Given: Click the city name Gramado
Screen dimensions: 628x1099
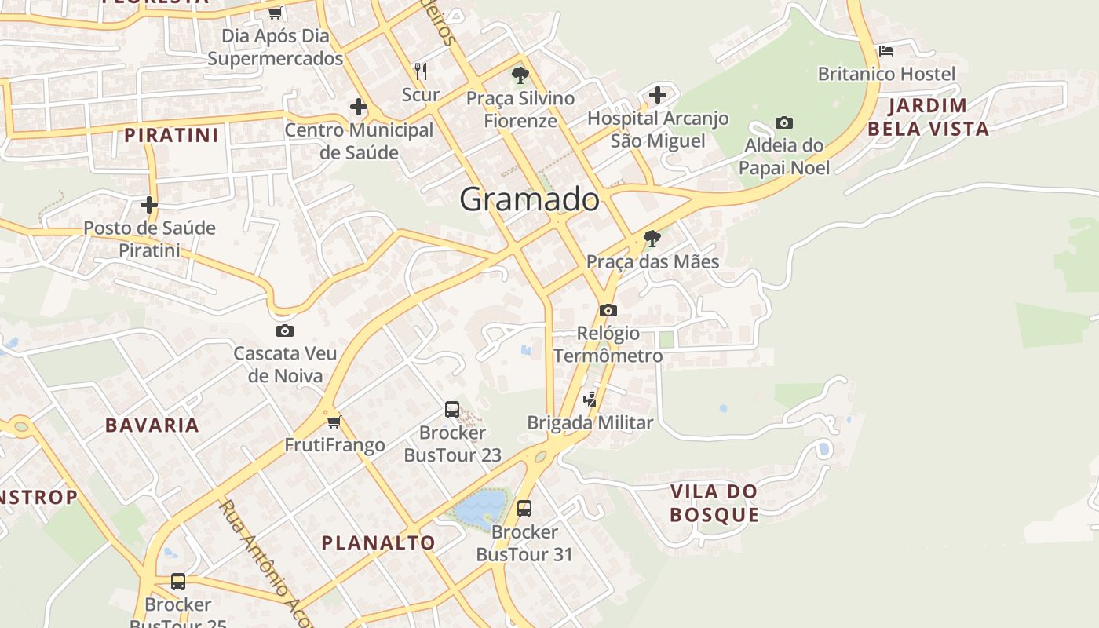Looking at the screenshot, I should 529,199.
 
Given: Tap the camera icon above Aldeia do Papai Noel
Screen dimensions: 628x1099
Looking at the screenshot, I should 783,122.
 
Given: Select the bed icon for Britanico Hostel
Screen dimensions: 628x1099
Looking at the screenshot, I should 886,51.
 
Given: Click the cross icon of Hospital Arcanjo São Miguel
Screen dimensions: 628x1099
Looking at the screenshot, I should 658,95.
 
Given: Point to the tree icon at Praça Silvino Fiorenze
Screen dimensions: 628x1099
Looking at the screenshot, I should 520,75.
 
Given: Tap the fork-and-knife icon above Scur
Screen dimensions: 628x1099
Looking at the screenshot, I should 421,71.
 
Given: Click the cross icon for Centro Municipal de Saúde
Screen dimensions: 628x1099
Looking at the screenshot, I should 359,107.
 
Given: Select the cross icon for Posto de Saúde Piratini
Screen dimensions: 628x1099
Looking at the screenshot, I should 149,205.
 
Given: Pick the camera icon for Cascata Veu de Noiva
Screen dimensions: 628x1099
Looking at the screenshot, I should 284,330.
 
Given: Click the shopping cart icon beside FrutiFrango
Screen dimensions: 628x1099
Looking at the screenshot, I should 334,422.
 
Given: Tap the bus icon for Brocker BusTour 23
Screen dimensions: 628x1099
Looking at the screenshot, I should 452,409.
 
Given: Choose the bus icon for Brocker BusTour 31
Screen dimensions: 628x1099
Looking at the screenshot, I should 524,509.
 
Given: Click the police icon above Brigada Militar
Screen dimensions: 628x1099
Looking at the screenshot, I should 590,400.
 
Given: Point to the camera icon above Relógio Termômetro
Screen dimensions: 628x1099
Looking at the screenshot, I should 608,310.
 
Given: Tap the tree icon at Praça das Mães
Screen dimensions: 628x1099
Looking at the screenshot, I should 652,238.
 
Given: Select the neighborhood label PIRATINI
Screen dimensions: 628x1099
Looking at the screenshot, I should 171,135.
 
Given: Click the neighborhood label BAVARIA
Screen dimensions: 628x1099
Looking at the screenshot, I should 152,425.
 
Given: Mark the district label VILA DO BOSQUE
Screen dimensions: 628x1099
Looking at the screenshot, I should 714,503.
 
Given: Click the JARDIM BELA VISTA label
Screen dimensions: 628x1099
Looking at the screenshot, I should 928,117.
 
